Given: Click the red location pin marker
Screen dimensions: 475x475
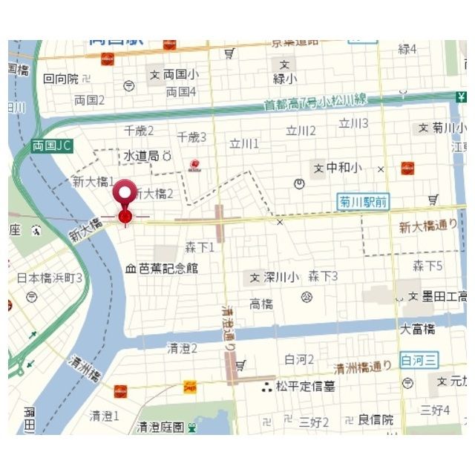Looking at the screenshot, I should [x=125, y=194].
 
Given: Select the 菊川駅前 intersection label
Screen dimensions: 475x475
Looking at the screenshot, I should [x=364, y=201].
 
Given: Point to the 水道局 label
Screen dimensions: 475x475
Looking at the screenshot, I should [x=141, y=157].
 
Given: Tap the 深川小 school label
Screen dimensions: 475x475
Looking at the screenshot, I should [x=280, y=277].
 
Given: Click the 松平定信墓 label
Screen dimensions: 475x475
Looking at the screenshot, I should [x=305, y=386].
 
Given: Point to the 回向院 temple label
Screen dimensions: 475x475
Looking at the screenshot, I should [x=61, y=78].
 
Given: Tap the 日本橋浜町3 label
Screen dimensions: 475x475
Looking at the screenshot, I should [x=50, y=278].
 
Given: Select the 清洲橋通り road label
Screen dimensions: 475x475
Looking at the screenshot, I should [x=362, y=367].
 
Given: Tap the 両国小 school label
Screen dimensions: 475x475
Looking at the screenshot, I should [x=180, y=74].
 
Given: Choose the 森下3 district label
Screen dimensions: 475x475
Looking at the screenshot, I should [x=323, y=276].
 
